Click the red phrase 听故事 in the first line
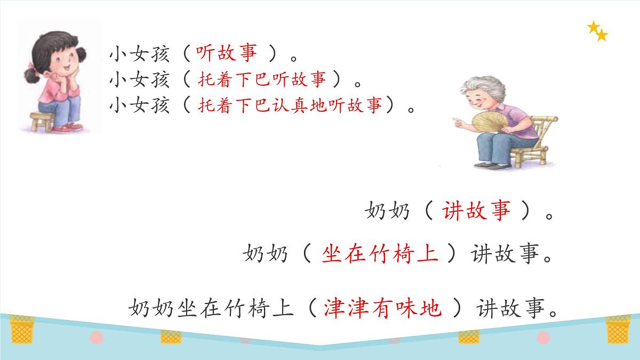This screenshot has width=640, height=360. tap(227, 52)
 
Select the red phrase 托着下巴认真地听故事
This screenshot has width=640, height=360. tap(290, 106)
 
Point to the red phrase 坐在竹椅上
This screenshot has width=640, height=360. tap(380, 254)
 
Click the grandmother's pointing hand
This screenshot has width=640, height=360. tap(458, 121)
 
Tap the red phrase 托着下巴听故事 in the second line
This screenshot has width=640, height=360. tap(262, 80)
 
